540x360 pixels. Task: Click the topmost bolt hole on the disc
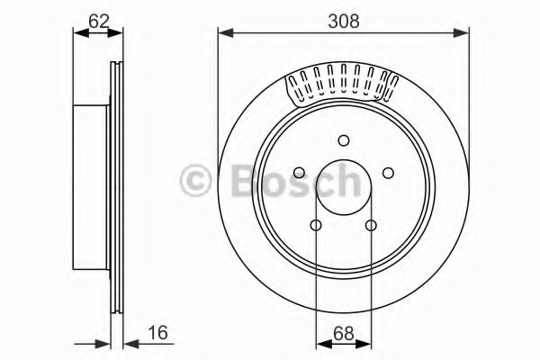(x=343, y=139)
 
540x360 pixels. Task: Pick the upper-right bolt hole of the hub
(x=388, y=173)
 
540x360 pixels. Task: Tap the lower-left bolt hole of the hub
(x=316, y=225)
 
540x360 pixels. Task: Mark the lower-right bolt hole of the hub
(x=371, y=225)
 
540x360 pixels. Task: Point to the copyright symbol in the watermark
(x=196, y=181)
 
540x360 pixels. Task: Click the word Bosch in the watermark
(x=288, y=180)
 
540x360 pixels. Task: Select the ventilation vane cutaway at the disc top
(x=343, y=86)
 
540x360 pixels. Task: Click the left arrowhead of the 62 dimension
(x=76, y=33)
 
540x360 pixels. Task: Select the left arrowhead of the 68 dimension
(x=320, y=344)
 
